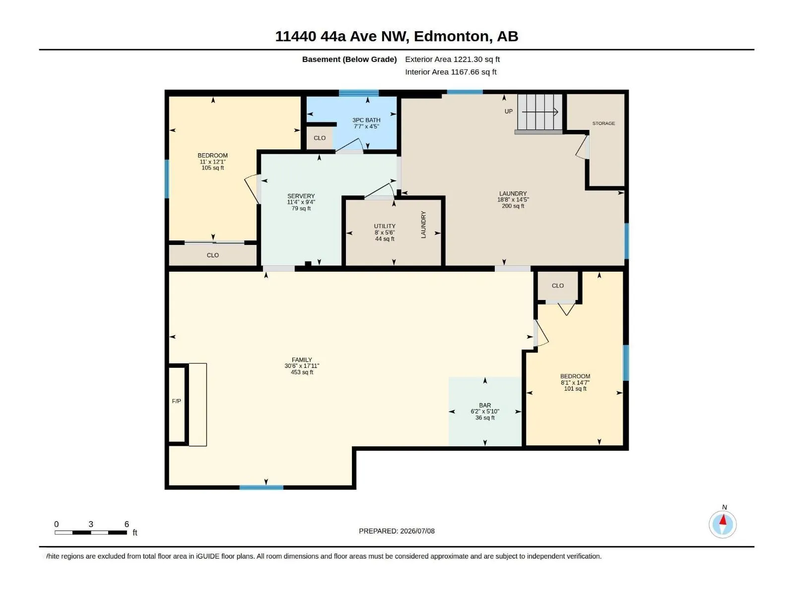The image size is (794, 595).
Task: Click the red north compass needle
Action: click(x=723, y=520)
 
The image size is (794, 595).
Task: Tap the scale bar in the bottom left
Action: click(x=91, y=533)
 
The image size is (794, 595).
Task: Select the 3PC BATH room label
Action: click(x=366, y=120)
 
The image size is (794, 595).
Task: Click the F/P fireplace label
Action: click(x=176, y=401)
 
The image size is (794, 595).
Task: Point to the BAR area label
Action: click(x=485, y=405)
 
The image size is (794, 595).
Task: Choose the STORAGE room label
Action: click(x=603, y=123)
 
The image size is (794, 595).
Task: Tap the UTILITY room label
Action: click(x=385, y=226)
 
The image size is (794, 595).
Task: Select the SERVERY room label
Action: click(x=301, y=196)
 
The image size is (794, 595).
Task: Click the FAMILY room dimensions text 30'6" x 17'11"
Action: click(x=302, y=366)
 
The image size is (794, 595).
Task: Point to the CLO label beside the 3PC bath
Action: click(x=320, y=138)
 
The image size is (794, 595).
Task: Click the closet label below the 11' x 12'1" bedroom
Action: click(x=213, y=255)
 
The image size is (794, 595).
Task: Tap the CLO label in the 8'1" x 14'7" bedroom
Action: click(x=557, y=286)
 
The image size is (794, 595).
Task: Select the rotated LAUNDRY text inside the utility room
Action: click(x=423, y=225)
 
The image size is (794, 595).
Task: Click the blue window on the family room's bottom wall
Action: click(x=261, y=487)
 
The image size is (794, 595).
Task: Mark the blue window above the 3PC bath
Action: click(x=358, y=93)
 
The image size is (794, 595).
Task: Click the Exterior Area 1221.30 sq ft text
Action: click(x=452, y=59)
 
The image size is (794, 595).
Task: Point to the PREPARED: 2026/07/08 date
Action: click(x=397, y=531)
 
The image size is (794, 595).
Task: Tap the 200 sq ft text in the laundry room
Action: click(x=513, y=206)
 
